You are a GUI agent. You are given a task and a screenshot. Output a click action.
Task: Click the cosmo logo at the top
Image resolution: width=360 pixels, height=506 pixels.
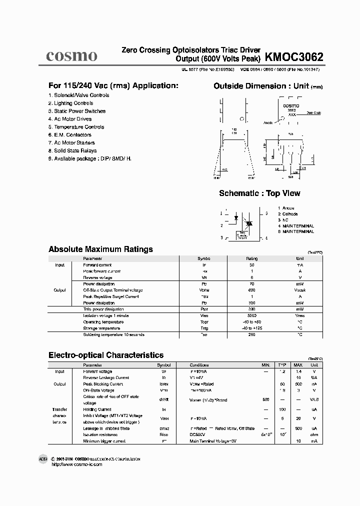pos(71,55)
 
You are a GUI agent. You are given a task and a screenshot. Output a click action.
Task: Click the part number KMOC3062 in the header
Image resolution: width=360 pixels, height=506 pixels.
pos(294,56)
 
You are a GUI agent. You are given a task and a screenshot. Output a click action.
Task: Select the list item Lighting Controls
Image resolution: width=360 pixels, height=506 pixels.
pos(70,103)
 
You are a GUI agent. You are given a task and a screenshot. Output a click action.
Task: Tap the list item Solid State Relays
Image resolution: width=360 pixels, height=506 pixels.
pos(72,150)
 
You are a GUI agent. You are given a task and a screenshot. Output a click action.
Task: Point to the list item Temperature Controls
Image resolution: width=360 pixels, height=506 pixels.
pos(76,127)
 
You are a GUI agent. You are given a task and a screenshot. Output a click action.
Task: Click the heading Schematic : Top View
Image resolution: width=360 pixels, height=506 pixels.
pos(259,193)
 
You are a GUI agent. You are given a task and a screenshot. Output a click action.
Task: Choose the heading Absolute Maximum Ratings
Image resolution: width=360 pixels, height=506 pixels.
pos(100,249)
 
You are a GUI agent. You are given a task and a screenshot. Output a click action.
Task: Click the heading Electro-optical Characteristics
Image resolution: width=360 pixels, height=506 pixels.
pos(106,355)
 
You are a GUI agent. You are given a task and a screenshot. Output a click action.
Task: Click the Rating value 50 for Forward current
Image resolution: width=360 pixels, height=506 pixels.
pos(251,265)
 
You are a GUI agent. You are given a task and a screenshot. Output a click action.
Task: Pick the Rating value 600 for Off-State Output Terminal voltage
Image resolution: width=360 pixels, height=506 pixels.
pos(251,290)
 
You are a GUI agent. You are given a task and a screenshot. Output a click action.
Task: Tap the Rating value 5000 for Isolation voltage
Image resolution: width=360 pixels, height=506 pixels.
pos(251,315)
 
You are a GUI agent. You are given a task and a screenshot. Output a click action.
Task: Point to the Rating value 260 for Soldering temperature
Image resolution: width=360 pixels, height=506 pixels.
pos(251,334)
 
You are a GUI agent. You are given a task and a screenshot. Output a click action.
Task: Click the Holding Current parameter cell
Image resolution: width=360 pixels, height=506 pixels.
pos(97,409)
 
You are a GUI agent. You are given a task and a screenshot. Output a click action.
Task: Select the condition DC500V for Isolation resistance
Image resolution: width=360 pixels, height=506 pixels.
pos(199,435)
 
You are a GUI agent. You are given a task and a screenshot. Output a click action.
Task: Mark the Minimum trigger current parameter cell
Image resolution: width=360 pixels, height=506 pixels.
pos(104,441)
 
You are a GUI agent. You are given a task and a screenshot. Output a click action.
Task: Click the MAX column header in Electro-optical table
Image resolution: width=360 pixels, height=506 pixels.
pos(298,365)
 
